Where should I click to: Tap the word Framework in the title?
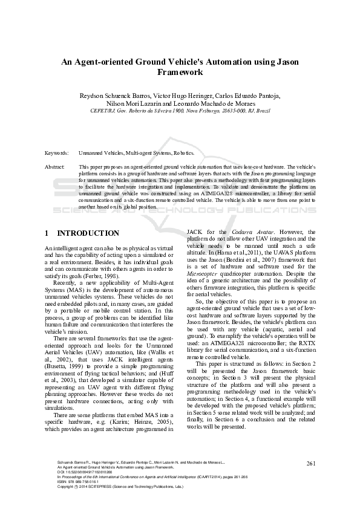[180, 72]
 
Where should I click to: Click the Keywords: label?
[56, 154]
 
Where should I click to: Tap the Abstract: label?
[55, 166]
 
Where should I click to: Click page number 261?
[311, 463]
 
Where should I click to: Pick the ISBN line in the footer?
[68, 481]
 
